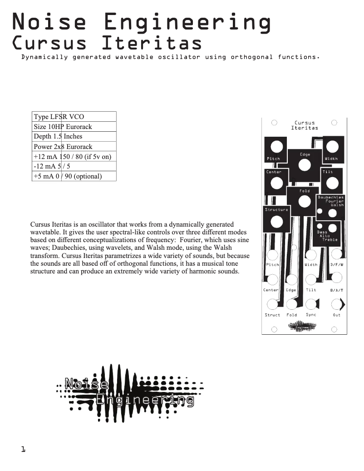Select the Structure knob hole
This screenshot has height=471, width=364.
(276, 222)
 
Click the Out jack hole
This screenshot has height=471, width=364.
(336, 303)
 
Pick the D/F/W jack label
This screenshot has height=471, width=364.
(337, 265)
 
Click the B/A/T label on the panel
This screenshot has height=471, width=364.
(337, 290)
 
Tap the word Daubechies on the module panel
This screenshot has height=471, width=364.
(331, 198)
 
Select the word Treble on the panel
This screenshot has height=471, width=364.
(330, 239)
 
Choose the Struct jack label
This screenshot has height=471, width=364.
(272, 315)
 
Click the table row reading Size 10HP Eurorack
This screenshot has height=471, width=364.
(74, 126)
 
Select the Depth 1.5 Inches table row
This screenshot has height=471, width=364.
(74, 136)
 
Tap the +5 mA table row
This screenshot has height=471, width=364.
(74, 176)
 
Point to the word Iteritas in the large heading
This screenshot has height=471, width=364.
(152, 43)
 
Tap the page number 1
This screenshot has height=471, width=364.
(23, 449)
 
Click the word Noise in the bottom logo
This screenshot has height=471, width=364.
(86, 384)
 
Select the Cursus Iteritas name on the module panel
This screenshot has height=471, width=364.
(305, 125)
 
